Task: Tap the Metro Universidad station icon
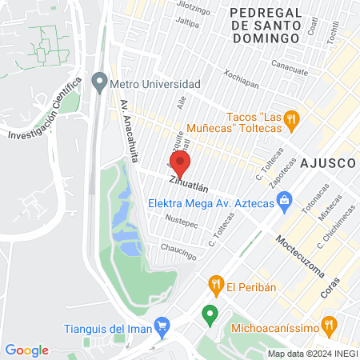tap(99, 82)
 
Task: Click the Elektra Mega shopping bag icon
tap(283, 203)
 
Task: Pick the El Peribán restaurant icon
tap(215, 284)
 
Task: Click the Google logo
tap(26, 350)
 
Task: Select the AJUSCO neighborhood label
tap(328, 162)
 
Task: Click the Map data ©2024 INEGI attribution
tap(313, 354)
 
